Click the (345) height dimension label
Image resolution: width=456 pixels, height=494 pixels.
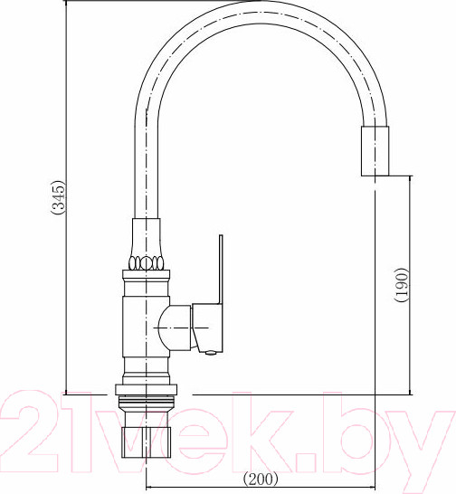58,197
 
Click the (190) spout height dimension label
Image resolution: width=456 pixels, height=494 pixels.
402,285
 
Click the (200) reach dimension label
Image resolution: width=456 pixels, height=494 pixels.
261,480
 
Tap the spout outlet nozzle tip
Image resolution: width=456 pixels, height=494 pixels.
375,151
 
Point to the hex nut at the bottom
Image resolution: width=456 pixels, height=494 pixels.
147,442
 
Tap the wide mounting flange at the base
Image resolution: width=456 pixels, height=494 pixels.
147,389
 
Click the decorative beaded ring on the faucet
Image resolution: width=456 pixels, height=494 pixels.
146,262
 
